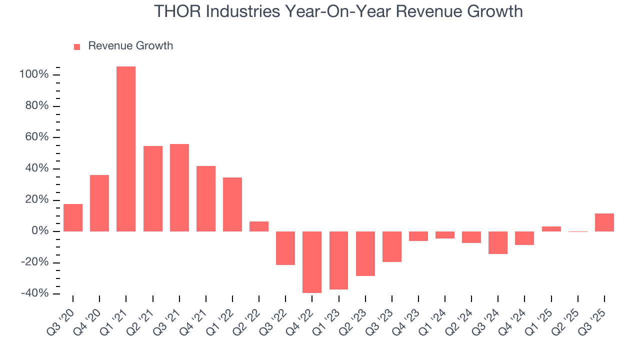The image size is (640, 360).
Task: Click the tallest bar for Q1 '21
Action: click(x=126, y=149)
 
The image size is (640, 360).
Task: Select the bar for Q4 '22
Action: click(x=312, y=262)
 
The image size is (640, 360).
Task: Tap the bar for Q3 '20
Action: click(x=73, y=217)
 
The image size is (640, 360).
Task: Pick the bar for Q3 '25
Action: click(x=604, y=222)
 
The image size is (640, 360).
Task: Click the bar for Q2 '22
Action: click(x=259, y=226)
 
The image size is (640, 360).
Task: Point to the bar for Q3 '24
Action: click(x=498, y=242)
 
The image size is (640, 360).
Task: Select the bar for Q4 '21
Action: click(x=206, y=198)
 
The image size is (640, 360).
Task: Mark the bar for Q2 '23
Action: click(x=365, y=253)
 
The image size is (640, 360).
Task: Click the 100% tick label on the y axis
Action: click(x=34, y=75)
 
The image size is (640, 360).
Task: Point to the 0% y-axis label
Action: click(x=40, y=231)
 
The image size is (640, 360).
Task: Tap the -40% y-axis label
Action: click(x=34, y=293)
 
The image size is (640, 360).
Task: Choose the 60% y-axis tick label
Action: click(x=37, y=137)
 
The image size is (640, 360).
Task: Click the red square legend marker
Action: click(x=77, y=46)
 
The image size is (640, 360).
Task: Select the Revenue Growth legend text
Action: click(x=130, y=46)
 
